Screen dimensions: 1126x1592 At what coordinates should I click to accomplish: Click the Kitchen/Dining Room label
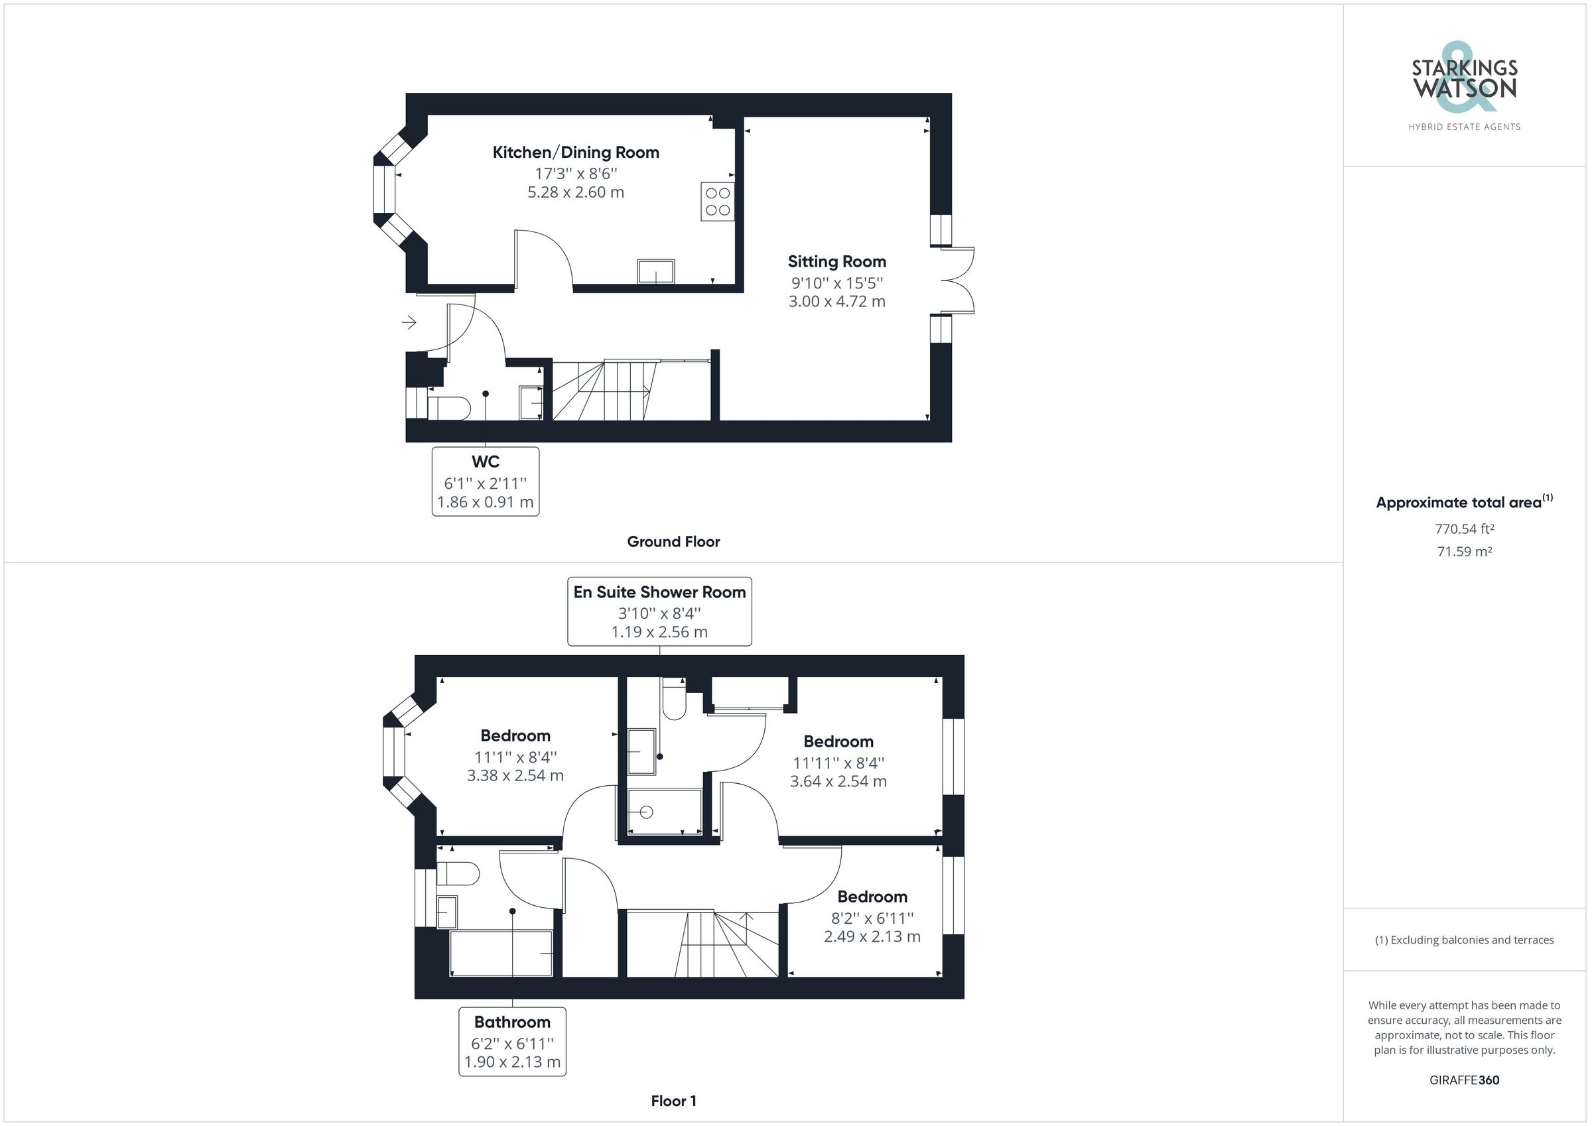point(576,153)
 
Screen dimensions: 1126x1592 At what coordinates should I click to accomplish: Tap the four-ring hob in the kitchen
point(717,201)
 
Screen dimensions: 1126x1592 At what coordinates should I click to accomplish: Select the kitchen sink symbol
point(655,271)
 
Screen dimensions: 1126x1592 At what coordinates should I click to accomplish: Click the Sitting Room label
point(836,262)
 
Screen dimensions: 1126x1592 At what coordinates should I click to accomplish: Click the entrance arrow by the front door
point(409,322)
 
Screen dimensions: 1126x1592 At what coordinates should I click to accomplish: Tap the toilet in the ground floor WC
point(448,408)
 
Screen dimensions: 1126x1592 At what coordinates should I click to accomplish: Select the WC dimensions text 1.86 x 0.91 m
point(486,502)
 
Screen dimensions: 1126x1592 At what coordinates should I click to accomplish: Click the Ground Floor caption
point(673,542)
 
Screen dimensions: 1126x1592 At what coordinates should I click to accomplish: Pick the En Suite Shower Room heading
point(659,592)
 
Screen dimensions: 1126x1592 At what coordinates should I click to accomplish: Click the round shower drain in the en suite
point(646,812)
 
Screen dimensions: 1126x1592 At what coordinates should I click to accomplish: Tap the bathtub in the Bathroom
point(501,954)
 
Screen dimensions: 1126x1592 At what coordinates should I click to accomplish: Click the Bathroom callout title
point(512,1022)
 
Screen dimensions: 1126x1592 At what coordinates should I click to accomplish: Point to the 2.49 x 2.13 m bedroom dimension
point(872,937)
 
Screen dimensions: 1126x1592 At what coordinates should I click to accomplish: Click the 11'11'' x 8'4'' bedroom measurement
point(838,763)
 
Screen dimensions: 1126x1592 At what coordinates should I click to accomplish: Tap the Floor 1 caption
point(673,1101)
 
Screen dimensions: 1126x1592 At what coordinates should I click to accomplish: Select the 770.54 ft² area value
point(1465,529)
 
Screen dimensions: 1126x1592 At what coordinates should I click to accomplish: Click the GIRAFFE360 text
point(1465,1080)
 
